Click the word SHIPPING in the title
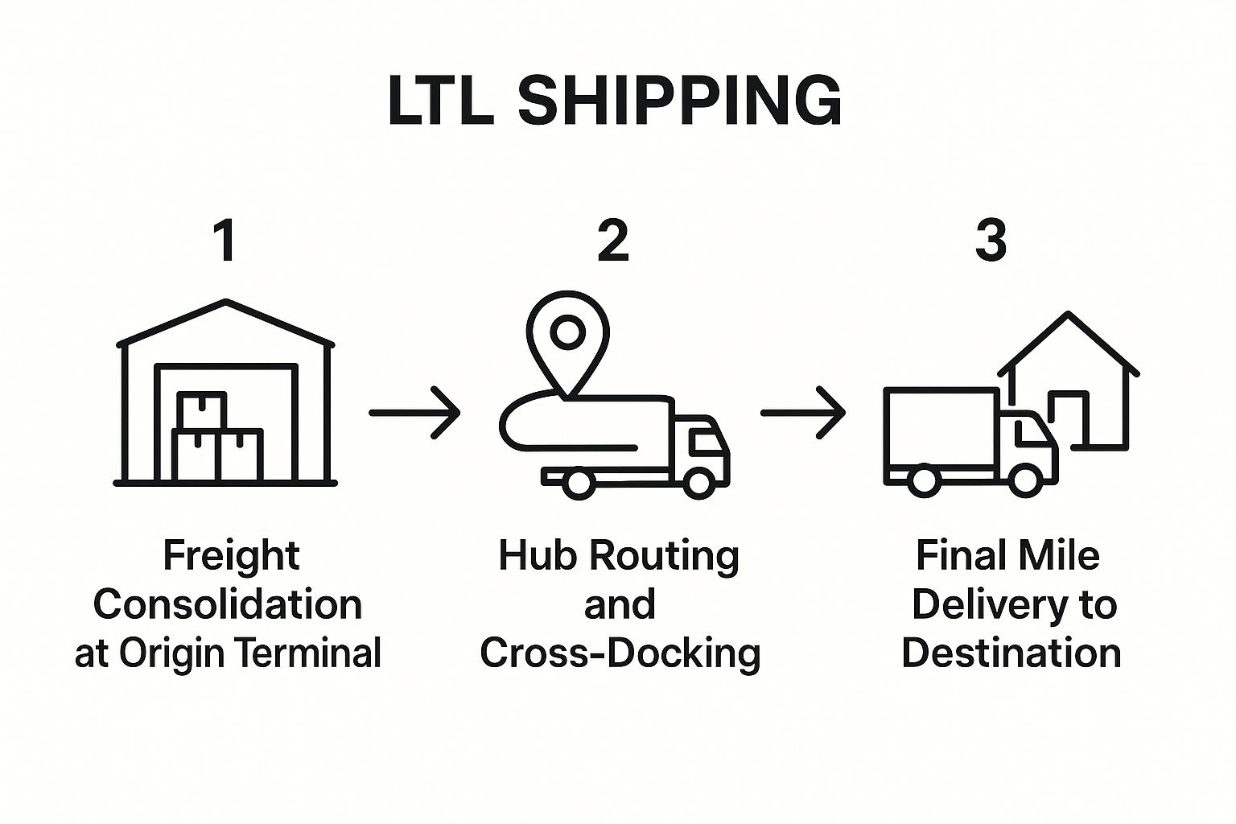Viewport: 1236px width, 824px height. [x=679, y=102]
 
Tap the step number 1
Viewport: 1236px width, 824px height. [x=226, y=241]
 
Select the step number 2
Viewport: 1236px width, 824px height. [x=613, y=241]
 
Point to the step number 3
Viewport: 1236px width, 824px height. [x=991, y=241]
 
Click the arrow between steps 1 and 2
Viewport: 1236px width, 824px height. [x=414, y=413]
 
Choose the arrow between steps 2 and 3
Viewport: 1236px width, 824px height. [x=803, y=413]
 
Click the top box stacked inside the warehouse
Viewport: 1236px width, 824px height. [x=202, y=411]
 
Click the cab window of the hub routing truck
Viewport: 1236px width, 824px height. [x=702, y=441]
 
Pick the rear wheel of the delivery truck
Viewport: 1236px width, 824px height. [x=923, y=481]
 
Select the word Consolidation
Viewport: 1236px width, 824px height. [x=228, y=605]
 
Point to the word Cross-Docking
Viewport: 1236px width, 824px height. [x=620, y=653]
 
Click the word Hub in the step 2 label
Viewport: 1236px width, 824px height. [x=530, y=555]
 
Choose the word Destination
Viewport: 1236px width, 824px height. [x=1011, y=653]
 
